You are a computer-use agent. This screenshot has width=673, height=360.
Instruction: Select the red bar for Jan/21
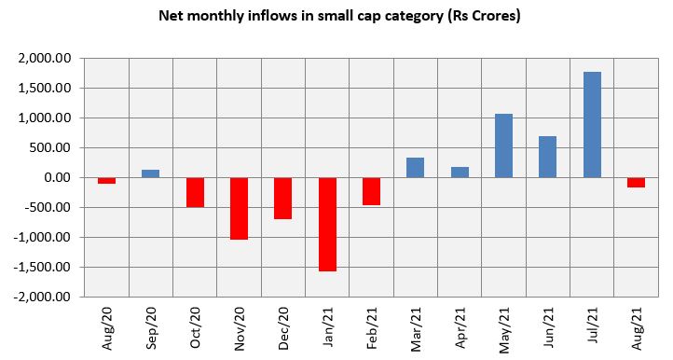pos(327,224)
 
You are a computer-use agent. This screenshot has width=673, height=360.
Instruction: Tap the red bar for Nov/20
pos(239,208)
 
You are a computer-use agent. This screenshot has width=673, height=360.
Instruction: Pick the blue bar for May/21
pos(503,145)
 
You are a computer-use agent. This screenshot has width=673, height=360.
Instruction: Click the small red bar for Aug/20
pos(106,180)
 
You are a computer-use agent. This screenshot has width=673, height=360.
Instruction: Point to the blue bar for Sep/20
pos(150,173)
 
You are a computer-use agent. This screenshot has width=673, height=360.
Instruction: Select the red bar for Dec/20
pos(282,198)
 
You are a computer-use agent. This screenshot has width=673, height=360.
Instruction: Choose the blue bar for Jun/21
pos(547,157)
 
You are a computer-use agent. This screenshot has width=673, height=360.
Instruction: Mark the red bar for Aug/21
pos(636,182)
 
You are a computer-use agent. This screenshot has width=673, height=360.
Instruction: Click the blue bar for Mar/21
pos(415,168)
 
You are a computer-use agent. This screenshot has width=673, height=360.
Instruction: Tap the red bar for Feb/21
pos(371,191)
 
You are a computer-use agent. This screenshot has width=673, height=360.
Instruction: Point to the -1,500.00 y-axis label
pos(43,268)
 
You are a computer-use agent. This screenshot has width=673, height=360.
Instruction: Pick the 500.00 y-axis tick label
pos(52,148)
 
